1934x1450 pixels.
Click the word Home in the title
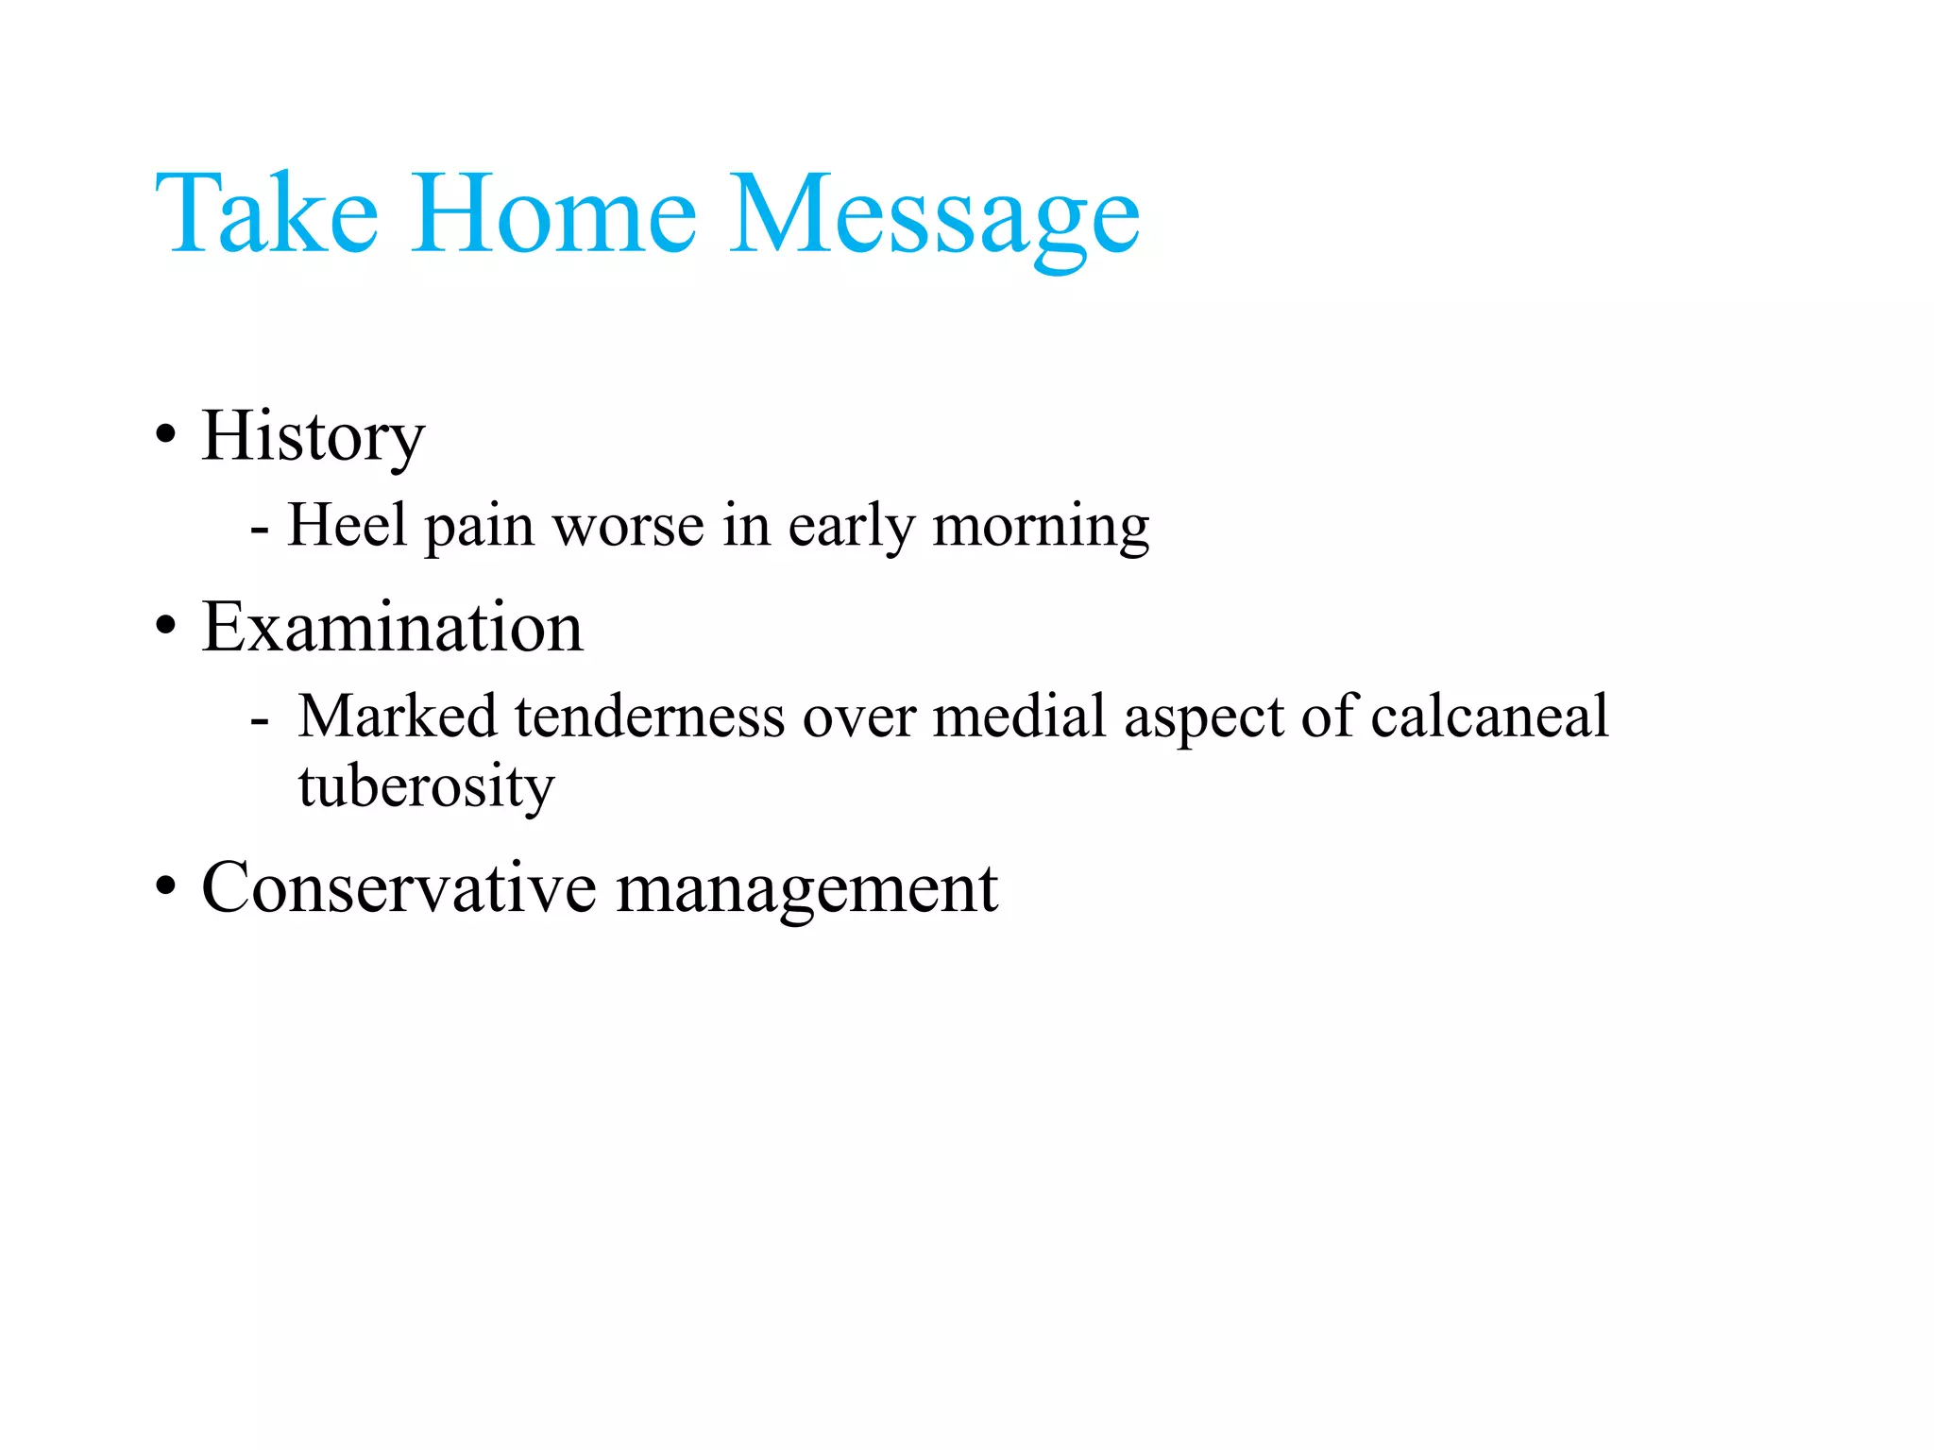pyautogui.click(x=554, y=214)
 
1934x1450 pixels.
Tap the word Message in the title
pyautogui.click(x=934, y=219)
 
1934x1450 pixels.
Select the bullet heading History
pyautogui.click(x=313, y=436)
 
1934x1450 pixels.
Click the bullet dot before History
pyautogui.click(x=166, y=436)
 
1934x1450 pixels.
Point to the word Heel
pyautogui.click(x=347, y=525)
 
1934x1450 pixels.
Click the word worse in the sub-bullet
pyautogui.click(x=628, y=527)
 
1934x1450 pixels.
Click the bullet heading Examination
pyautogui.click(x=392, y=628)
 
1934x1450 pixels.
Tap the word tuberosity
pyautogui.click(x=426, y=785)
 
